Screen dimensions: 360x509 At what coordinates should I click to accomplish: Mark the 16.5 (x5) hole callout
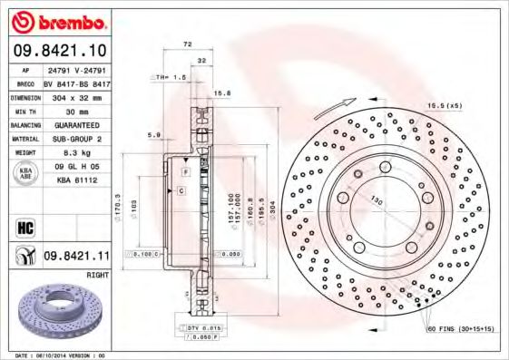(x=445, y=106)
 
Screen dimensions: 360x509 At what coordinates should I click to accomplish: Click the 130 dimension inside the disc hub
(x=375, y=202)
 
